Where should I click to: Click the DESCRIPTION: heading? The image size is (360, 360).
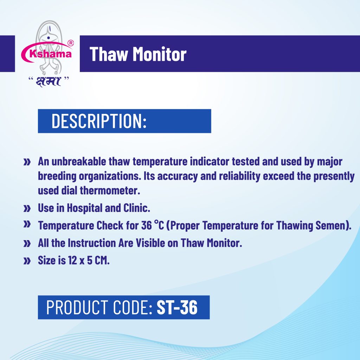99,121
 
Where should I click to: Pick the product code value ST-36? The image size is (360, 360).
177,307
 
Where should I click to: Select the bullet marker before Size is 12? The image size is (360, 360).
27,261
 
